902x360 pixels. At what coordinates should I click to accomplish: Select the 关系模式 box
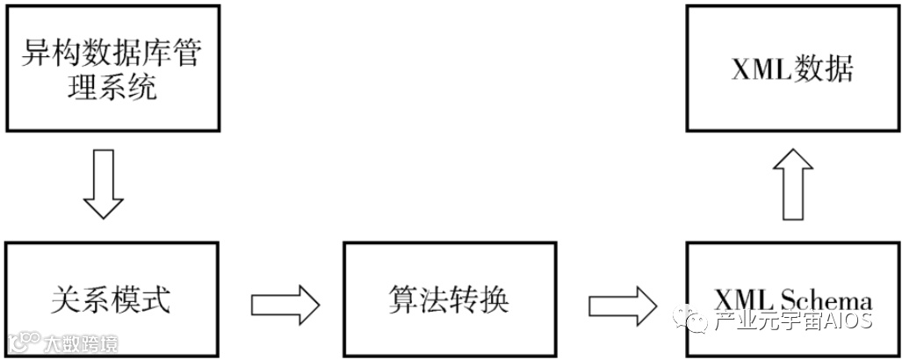111,299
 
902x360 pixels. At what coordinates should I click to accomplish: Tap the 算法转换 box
448,299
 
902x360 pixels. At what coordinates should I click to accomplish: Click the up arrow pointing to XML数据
793,184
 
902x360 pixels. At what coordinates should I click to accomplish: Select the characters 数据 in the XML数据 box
822,68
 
